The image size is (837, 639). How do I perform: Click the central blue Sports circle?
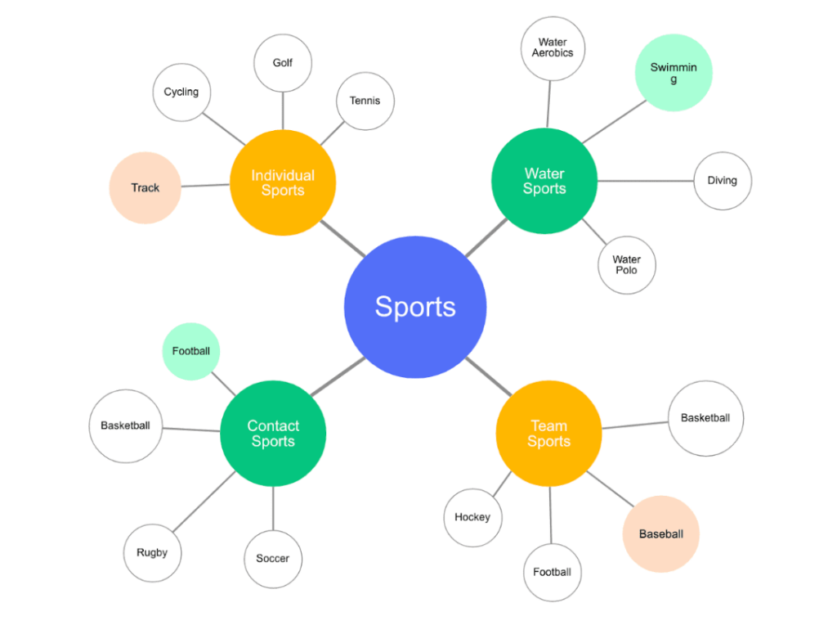click(415, 307)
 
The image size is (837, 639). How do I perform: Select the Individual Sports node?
click(283, 182)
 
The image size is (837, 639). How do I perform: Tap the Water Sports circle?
click(544, 181)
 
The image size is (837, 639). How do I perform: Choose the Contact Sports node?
click(273, 434)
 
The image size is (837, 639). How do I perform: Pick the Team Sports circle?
click(548, 434)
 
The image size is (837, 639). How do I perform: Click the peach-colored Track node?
click(145, 187)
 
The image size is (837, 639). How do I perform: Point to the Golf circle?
click(283, 62)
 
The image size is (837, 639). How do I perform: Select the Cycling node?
click(181, 92)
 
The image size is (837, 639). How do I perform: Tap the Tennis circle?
click(365, 101)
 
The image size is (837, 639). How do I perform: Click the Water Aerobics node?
click(553, 47)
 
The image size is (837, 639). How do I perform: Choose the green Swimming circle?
click(674, 73)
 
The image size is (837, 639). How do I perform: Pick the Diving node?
click(723, 180)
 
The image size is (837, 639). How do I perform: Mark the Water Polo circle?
click(627, 264)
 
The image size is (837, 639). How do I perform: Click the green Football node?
click(191, 351)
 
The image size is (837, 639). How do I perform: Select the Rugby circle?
click(152, 552)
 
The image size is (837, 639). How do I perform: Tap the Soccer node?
click(273, 558)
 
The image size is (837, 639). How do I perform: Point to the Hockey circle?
click(472, 517)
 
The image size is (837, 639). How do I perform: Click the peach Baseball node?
click(660, 534)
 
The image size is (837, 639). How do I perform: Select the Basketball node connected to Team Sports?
click(705, 418)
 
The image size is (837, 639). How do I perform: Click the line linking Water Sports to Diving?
click(646, 181)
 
